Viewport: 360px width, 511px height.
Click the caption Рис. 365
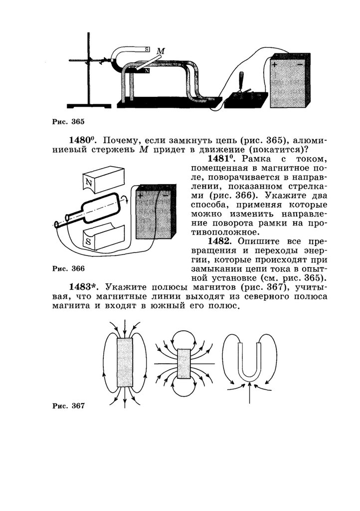[x=69, y=121]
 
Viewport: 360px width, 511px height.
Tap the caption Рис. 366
[x=68, y=268]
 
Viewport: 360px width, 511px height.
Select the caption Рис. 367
[x=68, y=406]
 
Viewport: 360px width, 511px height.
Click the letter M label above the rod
[x=160, y=51]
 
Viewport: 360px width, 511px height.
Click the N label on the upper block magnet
[x=89, y=182]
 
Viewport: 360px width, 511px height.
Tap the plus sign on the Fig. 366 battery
[x=141, y=196]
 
